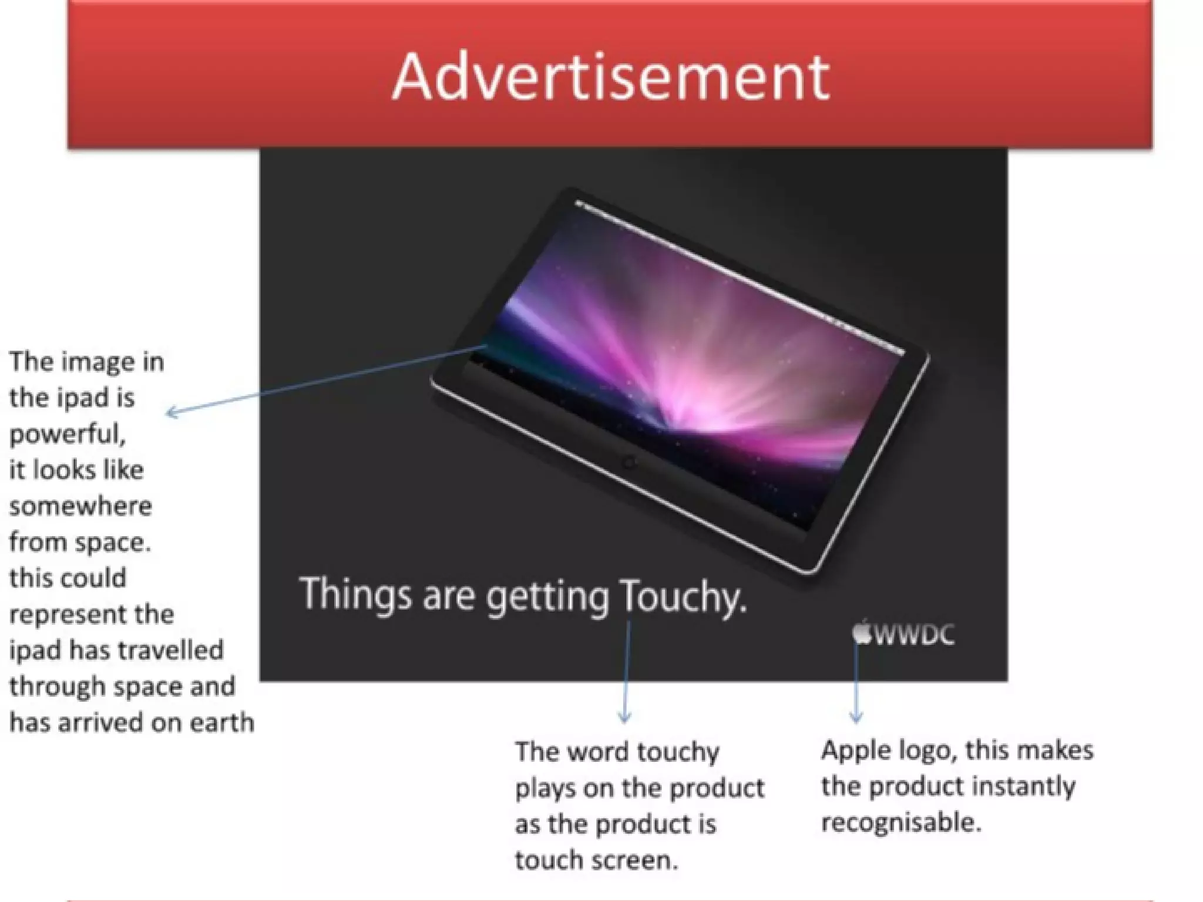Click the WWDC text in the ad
click(915, 635)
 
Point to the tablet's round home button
click(630, 462)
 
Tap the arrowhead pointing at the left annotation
click(172, 412)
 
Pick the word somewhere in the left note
click(80, 506)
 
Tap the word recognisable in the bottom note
click(901, 822)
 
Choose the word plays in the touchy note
click(545, 788)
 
